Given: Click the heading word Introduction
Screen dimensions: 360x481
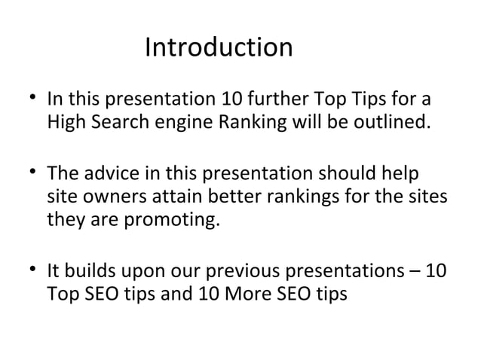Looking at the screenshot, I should point(218,47).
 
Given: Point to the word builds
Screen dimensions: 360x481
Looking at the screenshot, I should point(86,269).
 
